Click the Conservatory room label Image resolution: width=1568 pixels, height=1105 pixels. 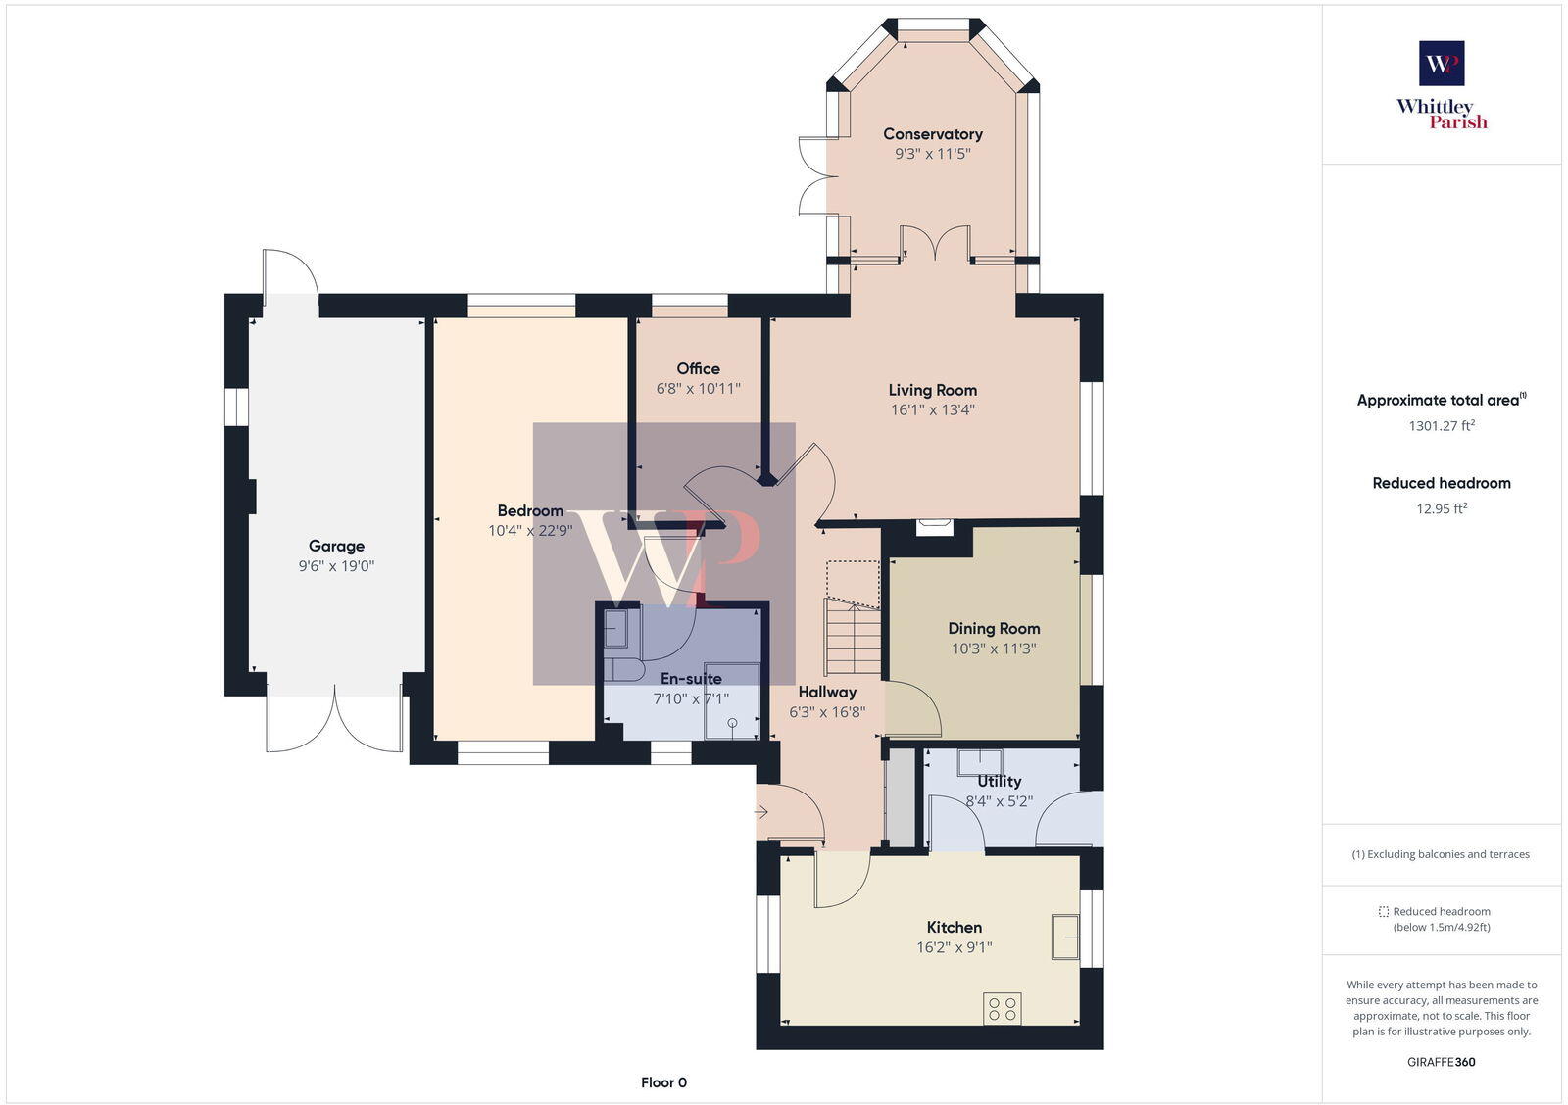coord(932,134)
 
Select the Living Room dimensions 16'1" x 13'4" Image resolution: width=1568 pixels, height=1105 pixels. coord(932,410)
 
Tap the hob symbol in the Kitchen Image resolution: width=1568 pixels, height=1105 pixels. coord(1003,1009)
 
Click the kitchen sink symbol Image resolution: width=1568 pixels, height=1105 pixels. coord(1065,936)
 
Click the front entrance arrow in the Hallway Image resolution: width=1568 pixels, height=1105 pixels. coord(761,811)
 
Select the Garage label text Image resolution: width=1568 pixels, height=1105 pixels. coord(336,547)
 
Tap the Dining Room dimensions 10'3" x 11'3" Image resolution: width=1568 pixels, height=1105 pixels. coord(993,649)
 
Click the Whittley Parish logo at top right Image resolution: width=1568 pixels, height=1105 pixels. coord(1442,86)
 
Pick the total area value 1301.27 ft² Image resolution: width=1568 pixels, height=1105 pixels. coord(1442,426)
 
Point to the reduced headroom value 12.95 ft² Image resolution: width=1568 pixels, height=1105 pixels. coord(1442,509)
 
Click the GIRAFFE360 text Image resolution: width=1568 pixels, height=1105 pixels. coord(1442,1062)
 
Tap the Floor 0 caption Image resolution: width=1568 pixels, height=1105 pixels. coord(663,1082)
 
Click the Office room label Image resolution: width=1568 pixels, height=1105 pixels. coord(698,369)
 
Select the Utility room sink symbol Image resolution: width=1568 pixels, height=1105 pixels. coord(980,762)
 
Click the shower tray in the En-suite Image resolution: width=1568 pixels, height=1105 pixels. coord(733,701)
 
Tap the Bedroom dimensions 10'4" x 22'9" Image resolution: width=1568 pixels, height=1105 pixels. coord(530,531)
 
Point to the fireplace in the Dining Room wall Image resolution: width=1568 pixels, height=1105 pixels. coord(934,527)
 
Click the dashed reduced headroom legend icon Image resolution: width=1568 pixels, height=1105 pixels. coord(1384,911)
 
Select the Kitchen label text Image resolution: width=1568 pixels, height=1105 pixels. coord(954,928)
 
